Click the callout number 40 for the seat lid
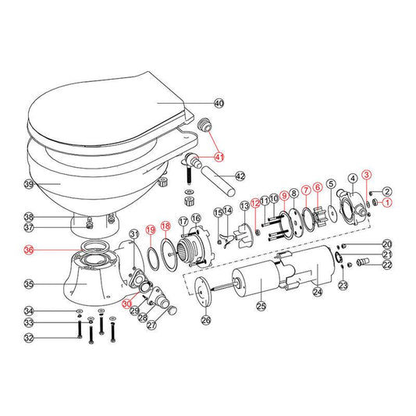point(219,104)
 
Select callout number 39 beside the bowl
point(30,184)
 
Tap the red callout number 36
point(30,251)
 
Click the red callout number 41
point(219,158)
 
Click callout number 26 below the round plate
point(206,318)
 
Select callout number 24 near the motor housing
point(317,293)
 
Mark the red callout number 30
point(127,304)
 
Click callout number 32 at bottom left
point(30,338)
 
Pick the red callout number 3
point(366,175)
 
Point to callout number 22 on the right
point(387,265)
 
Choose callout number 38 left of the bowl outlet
point(30,216)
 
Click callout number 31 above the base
point(133,233)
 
